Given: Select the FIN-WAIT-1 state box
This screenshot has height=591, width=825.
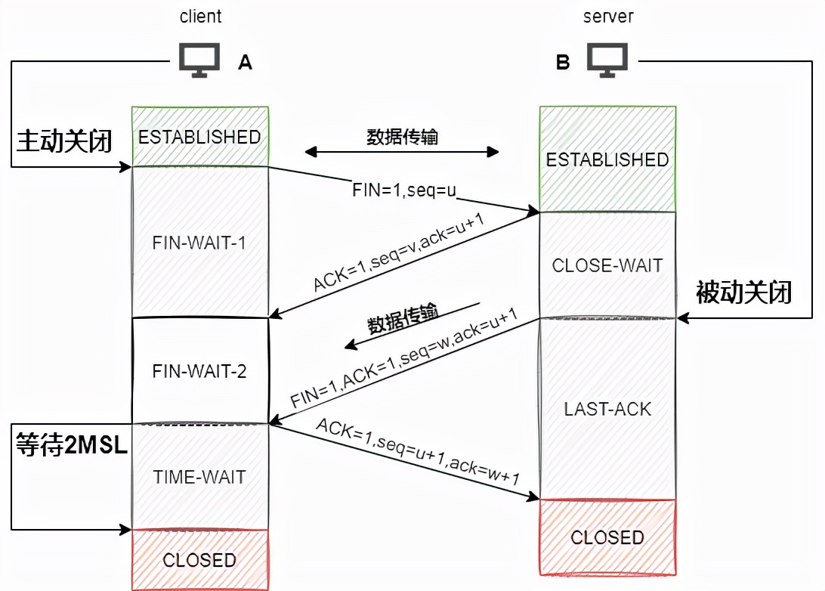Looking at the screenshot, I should coord(199,243).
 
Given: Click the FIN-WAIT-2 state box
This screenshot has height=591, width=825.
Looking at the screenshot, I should coord(199,372).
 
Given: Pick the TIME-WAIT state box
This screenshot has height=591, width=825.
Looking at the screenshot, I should coord(199,477).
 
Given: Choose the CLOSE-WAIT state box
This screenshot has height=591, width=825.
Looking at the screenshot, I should coord(607,265).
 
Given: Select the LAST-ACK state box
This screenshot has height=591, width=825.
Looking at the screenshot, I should coord(607,409).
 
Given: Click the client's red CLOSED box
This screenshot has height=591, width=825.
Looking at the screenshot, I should coord(199,560).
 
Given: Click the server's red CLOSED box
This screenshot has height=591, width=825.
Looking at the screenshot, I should coord(607,537).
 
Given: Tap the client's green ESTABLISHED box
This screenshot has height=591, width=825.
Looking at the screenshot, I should coord(199,137).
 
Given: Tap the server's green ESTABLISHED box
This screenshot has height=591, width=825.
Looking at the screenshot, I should coord(607,159).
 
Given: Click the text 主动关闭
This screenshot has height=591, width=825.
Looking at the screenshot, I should coord(64,141).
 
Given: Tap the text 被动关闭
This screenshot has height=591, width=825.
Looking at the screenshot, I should coord(743,292).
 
